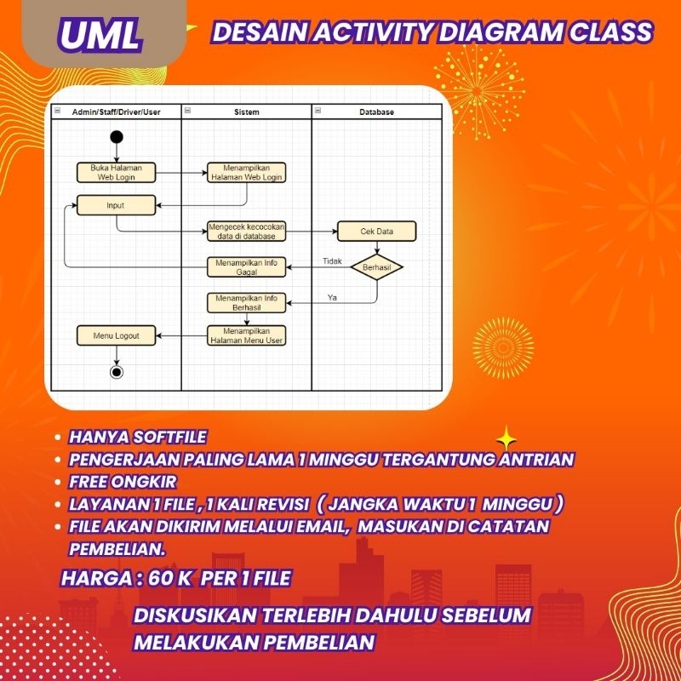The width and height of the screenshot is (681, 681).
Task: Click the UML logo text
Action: click(x=100, y=34)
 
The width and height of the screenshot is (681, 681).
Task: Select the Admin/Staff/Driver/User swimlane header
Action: click(x=116, y=112)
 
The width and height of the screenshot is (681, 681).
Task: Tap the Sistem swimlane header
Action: click(x=246, y=112)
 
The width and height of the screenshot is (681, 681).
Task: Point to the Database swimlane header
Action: click(x=376, y=112)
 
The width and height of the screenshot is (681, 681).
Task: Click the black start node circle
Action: click(x=117, y=137)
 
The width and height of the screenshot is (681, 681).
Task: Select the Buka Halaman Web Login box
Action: click(x=117, y=173)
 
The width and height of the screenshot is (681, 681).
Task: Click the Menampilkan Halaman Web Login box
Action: click(x=246, y=173)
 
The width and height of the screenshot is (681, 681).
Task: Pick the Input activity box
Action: click(x=116, y=205)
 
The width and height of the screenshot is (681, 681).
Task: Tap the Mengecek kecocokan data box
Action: click(x=246, y=232)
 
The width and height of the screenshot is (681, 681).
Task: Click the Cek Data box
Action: click(x=376, y=232)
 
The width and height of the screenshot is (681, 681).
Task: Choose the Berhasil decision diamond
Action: click(x=376, y=266)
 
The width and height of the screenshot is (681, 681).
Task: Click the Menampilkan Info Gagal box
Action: click(x=246, y=267)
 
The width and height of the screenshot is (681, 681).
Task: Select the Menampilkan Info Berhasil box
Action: click(x=246, y=303)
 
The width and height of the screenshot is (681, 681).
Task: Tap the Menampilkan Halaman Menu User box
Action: click(x=246, y=335)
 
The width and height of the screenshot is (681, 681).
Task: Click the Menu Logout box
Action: click(x=117, y=335)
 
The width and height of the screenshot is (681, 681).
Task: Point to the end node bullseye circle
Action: click(x=117, y=371)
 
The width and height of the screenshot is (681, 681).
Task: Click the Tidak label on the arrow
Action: click(x=332, y=260)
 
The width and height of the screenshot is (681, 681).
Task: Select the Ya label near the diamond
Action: click(x=332, y=296)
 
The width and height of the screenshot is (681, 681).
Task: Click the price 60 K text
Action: click(x=170, y=578)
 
